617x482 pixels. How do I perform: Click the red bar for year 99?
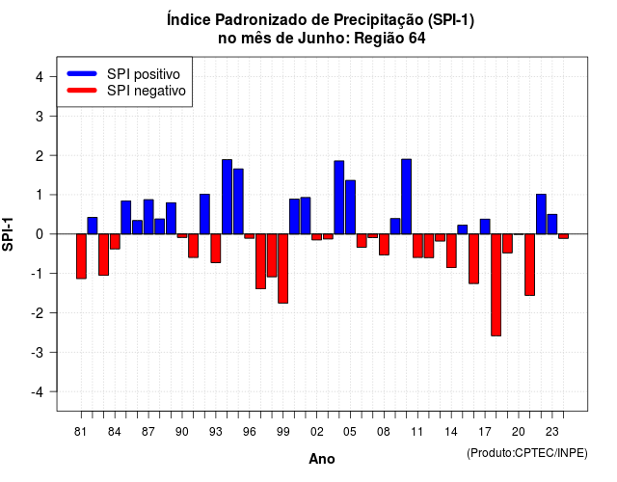[x=282, y=268]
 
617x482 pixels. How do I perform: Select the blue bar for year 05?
[x=350, y=207]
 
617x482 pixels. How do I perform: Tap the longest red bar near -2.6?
[x=496, y=285]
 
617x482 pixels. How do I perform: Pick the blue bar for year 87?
[x=148, y=217]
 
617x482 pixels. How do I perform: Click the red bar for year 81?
[x=81, y=256]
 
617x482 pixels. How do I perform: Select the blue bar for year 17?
[x=485, y=227]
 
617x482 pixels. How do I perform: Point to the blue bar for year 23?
[x=552, y=225]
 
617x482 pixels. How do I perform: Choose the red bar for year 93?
[x=216, y=249]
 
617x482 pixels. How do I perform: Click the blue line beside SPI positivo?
[x=82, y=73]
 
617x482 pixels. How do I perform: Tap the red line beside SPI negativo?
[x=82, y=90]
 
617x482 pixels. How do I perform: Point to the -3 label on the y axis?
[x=38, y=353]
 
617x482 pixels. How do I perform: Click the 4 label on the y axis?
[x=40, y=77]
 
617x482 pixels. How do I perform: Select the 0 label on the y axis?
[x=40, y=234]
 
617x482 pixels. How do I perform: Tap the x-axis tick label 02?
[x=316, y=432]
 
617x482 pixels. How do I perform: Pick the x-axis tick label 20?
[x=519, y=432]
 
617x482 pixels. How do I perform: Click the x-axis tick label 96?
[x=249, y=432]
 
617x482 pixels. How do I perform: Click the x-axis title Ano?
[x=322, y=459]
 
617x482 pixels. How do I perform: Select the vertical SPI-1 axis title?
[x=8, y=234]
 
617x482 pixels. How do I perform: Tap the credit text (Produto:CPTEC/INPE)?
[x=527, y=453]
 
